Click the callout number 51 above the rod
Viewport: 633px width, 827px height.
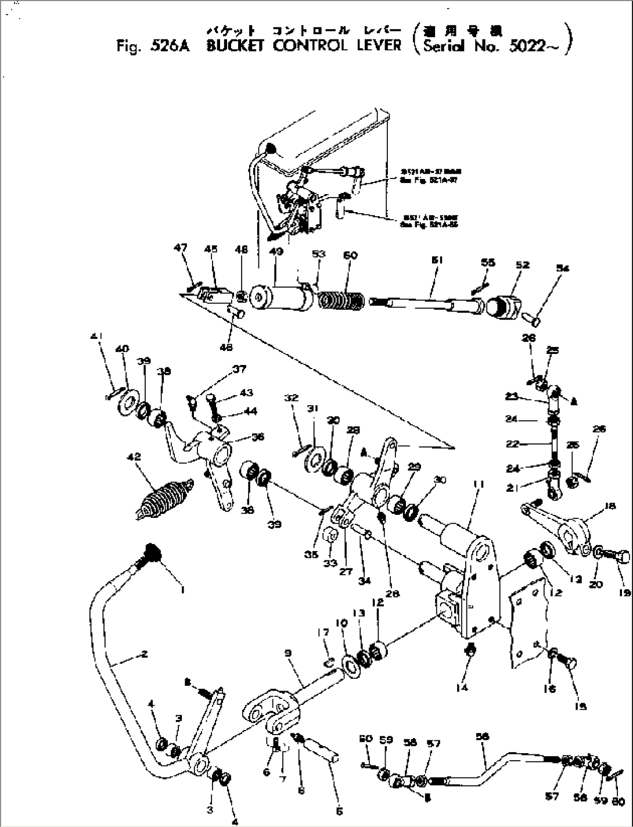(437, 260)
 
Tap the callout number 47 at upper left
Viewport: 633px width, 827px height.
(181, 248)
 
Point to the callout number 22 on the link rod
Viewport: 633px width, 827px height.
(511, 443)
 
